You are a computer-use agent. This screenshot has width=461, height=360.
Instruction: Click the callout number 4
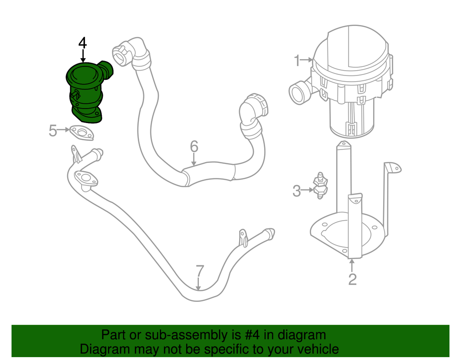83,43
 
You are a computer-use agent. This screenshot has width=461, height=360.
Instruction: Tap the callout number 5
53,130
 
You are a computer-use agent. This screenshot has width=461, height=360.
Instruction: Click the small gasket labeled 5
81,133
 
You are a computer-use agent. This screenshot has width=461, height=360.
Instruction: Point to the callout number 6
194,146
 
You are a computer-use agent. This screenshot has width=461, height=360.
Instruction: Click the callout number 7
200,271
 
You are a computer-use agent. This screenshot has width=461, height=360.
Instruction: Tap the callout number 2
352,279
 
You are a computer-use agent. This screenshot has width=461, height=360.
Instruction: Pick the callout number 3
297,191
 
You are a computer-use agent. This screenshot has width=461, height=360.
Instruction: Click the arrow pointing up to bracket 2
352,264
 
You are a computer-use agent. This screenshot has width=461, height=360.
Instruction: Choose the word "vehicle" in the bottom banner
315,349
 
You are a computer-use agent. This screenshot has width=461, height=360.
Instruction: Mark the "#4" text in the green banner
244,335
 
